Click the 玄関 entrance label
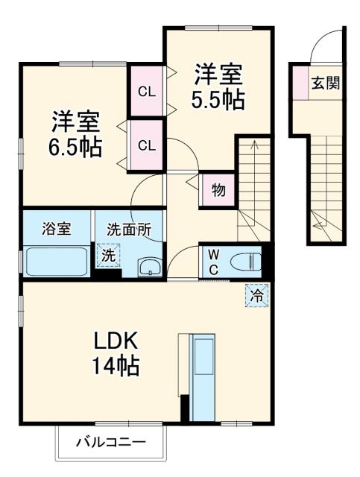tap(326, 83)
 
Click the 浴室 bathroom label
tap(57, 229)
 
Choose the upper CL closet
tap(146, 92)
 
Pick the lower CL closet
tap(146, 145)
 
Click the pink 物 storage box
tap(218, 190)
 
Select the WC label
tap(212, 262)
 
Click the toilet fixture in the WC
tap(245, 262)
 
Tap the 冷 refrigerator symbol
tap(256, 296)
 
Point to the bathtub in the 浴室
tap(57, 262)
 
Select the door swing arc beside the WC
tap(182, 261)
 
